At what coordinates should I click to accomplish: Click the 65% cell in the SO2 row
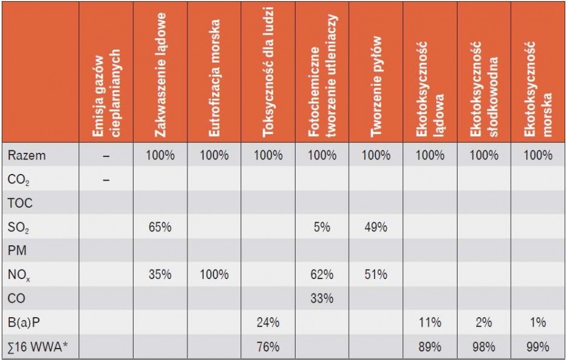tap(160, 227)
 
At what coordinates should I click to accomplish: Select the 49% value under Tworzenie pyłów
tap(376, 227)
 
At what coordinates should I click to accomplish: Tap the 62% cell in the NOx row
tap(322, 274)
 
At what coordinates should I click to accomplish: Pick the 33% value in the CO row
tap(322, 298)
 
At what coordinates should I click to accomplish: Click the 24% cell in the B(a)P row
tap(268, 322)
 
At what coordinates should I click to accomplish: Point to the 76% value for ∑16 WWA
tap(268, 347)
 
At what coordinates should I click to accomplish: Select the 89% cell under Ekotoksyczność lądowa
tap(430, 347)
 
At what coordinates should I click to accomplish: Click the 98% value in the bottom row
tap(484, 347)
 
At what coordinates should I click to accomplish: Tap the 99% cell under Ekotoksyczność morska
tap(538, 347)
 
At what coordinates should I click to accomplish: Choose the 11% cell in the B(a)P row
tap(430, 322)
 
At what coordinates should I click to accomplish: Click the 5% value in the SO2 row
tap(322, 227)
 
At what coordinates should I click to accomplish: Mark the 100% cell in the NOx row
tap(214, 274)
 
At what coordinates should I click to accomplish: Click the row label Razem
tap(27, 155)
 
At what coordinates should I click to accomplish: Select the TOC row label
tap(21, 203)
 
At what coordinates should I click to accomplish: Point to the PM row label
tap(17, 250)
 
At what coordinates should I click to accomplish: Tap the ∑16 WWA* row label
tap(38, 347)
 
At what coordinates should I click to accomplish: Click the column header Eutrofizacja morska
tap(214, 78)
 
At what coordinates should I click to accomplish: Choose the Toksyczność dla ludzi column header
tap(268, 72)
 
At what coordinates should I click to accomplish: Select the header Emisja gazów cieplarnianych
tap(106, 93)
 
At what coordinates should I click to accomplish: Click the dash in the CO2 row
tap(106, 179)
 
